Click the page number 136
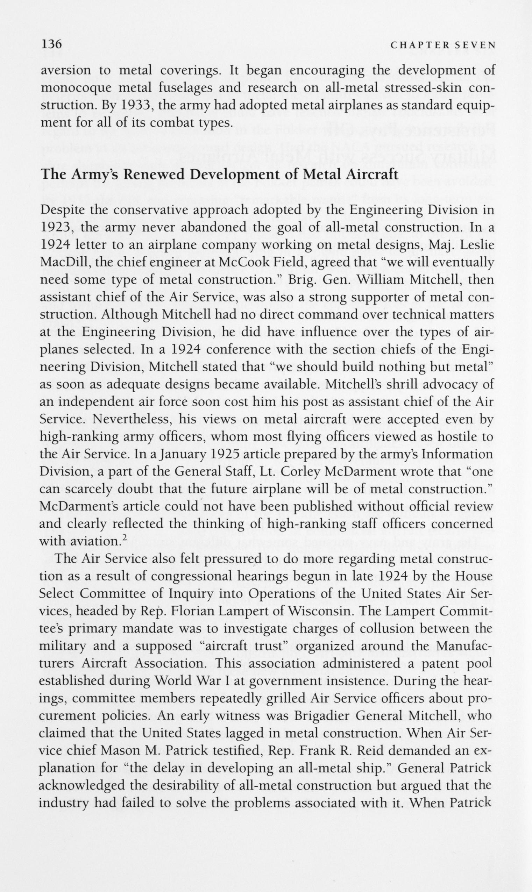tap(52, 44)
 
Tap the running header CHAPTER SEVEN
tap(443, 45)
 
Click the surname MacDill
tap(62, 262)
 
